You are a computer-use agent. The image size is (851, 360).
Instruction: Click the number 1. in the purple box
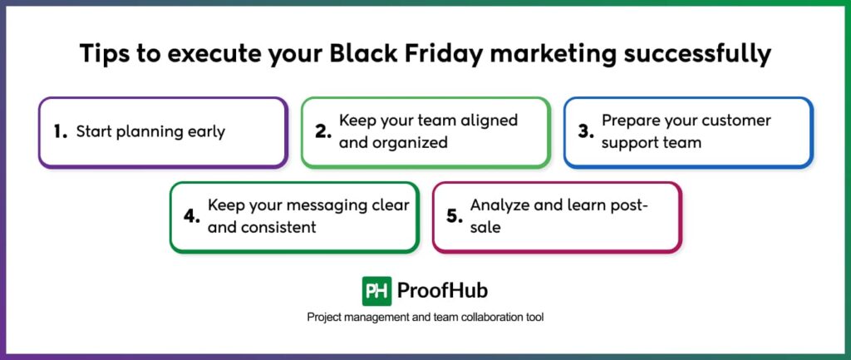tap(59, 131)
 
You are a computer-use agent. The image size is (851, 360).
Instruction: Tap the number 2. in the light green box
tap(323, 131)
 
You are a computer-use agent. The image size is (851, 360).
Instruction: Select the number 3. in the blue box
tap(585, 131)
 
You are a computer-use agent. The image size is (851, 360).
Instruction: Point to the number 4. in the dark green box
tap(192, 216)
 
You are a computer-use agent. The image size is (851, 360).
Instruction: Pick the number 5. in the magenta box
tap(454, 216)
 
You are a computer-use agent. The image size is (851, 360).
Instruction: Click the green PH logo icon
tap(376, 291)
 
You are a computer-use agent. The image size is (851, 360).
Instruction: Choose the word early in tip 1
tap(204, 131)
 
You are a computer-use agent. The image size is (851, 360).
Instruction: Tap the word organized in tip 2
tap(411, 142)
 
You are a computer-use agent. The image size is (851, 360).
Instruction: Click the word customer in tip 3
tap(732, 121)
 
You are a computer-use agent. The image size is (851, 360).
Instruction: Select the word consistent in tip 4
tap(278, 227)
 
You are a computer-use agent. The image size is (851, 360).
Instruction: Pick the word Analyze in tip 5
tap(499, 205)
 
